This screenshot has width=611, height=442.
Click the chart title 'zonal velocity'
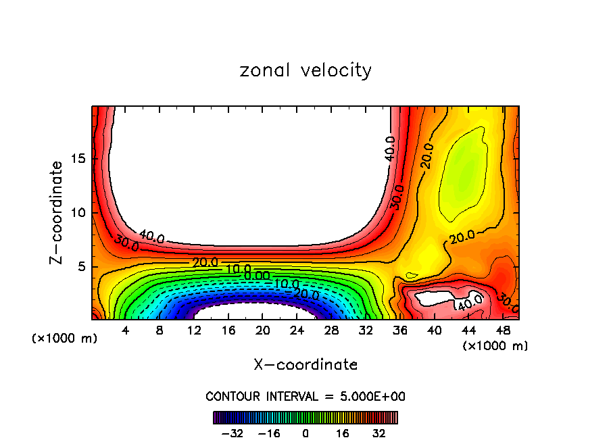point(305,70)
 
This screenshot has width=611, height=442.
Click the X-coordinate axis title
point(305,365)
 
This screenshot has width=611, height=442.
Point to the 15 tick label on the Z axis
point(78,159)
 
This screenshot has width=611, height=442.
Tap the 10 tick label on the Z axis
point(78,213)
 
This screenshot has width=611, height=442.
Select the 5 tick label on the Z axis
point(82,267)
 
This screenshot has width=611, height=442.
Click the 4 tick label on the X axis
point(126,331)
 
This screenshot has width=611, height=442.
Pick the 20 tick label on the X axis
point(263,331)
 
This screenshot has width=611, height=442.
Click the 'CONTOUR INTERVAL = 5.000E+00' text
point(305,396)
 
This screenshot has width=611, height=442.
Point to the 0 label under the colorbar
point(305,433)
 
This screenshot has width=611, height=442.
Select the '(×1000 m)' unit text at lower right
point(495,346)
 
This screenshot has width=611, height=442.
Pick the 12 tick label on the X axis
point(194,331)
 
